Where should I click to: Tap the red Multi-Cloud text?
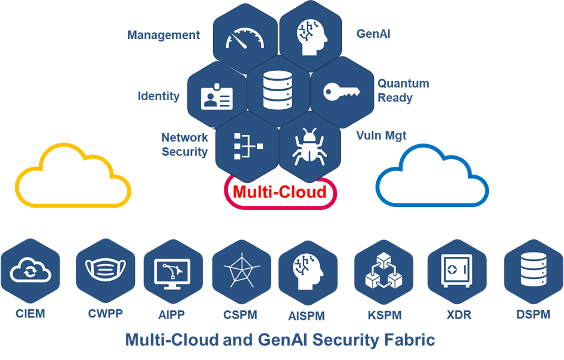280,191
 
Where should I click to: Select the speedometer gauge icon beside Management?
245,38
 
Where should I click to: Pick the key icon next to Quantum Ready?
342,91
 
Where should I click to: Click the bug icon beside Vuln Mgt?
310,146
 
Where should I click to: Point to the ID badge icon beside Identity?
217,97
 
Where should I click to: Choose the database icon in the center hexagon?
278,90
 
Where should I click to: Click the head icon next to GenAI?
312,37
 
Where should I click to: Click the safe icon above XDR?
457,271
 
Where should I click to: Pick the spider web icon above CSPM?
242,271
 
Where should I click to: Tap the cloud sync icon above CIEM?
30,270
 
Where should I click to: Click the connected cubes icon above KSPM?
384,271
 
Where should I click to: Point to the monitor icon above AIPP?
172,274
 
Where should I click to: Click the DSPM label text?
533,314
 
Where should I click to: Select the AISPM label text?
307,316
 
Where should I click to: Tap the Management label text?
163,35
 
